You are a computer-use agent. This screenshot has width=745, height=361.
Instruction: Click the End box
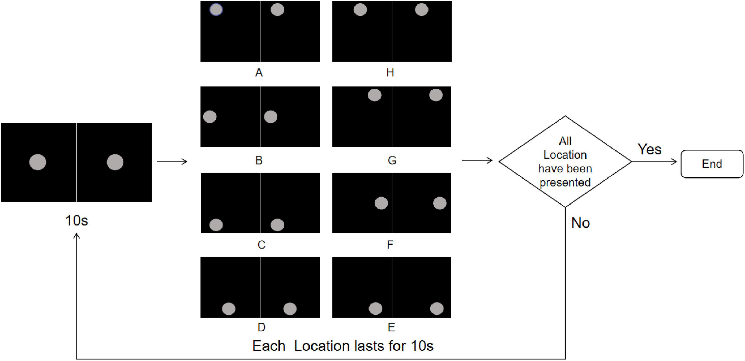[712, 164]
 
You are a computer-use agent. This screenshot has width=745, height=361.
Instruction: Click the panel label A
[259, 73]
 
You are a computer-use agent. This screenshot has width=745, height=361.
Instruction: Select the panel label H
[390, 73]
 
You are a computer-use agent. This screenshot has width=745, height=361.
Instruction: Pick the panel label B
[259, 160]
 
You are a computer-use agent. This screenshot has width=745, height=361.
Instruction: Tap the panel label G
[392, 160]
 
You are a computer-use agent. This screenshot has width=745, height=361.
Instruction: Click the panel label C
[261, 245]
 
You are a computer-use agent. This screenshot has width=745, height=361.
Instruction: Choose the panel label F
[390, 245]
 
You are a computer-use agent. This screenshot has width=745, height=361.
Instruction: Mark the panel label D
[261, 327]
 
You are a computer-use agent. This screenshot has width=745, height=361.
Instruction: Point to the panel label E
[391, 327]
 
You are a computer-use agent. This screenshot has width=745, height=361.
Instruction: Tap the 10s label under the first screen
[77, 221]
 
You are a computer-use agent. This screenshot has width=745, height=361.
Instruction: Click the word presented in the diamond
[565, 182]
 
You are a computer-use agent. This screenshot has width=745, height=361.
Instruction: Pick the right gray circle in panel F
[440, 203]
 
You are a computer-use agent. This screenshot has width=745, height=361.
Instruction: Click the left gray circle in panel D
[228, 309]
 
